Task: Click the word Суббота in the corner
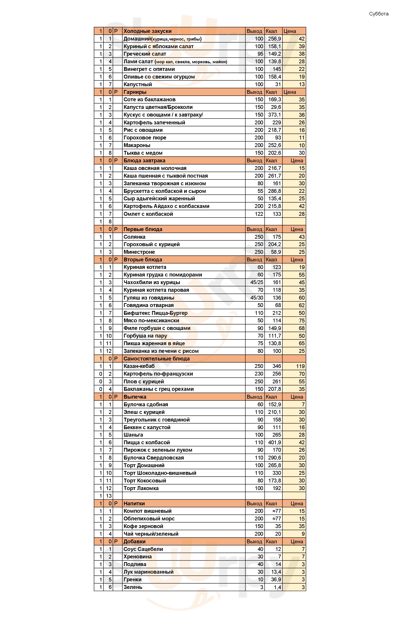pyautogui.click(x=378, y=14)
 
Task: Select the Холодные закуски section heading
pyautogui.click(x=147, y=31)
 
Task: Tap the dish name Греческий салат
pyautogui.click(x=145, y=54)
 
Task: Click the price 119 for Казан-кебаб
pyautogui.click(x=300, y=366)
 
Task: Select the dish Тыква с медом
pyautogui.click(x=143, y=153)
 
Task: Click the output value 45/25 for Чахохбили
pyautogui.click(x=257, y=282)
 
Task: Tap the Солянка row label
pyautogui.click(x=134, y=237)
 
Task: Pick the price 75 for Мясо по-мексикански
pyautogui.click(x=302, y=321)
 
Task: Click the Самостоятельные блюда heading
pyautogui.click(x=156, y=359)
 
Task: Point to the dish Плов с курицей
pyautogui.click(x=144, y=382)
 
